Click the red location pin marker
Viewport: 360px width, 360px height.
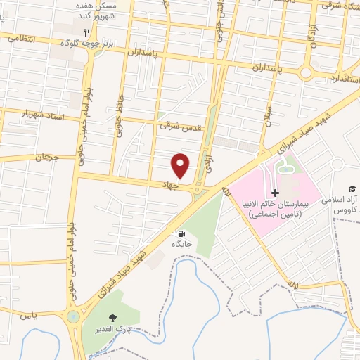point(181,166)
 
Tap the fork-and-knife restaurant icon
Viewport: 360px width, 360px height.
point(87,32)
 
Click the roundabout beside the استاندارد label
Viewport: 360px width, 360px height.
point(307,73)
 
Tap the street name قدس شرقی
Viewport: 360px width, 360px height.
point(175,125)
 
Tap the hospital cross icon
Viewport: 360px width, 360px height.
point(275,193)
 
